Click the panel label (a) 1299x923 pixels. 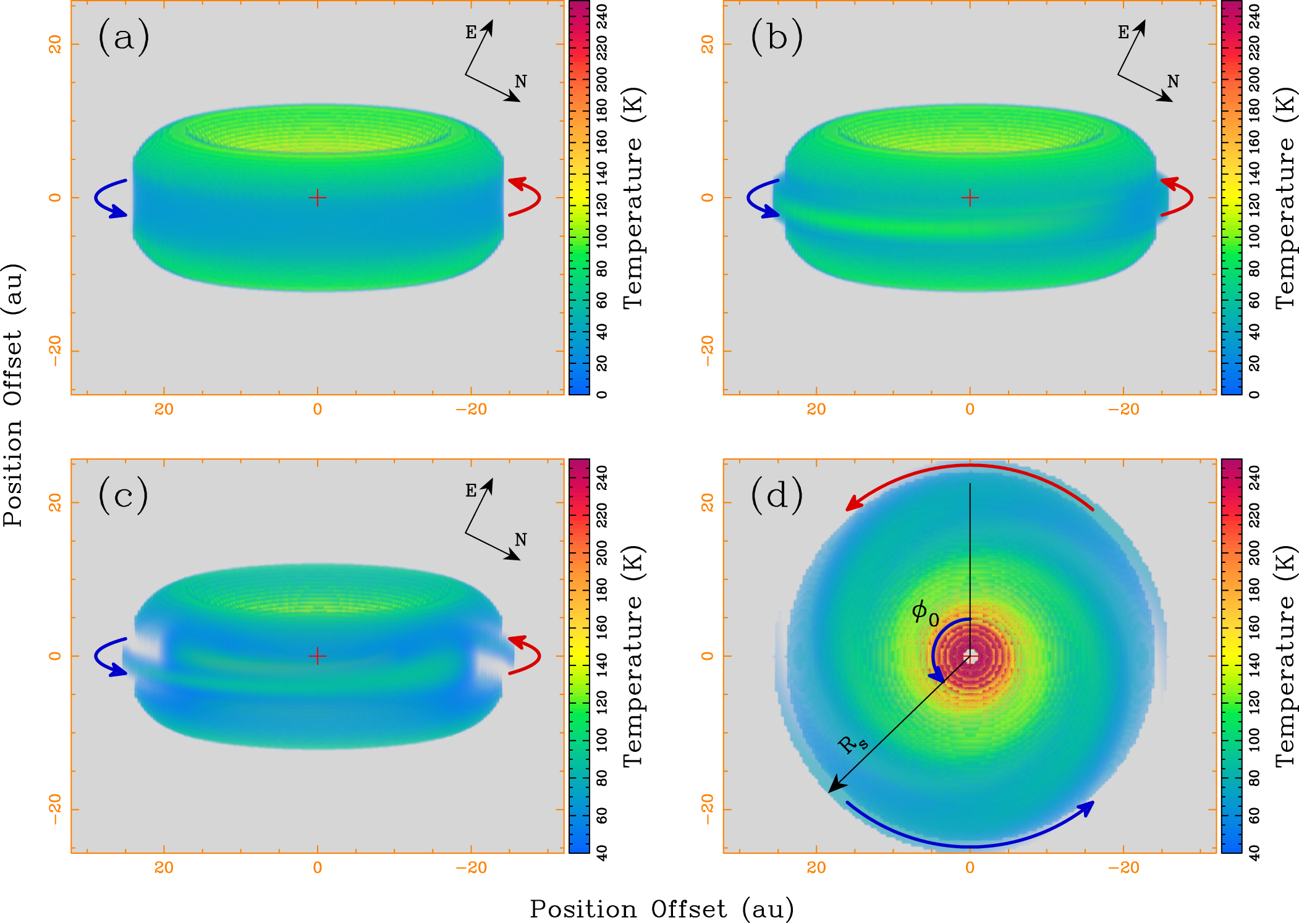tap(123, 38)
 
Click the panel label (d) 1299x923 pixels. tap(776, 495)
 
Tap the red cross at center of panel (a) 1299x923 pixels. tap(317, 198)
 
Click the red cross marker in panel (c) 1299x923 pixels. tap(317, 655)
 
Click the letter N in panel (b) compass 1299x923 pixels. tap(1172, 82)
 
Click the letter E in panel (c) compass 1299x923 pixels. tap(471, 491)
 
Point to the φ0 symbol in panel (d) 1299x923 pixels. tap(925, 612)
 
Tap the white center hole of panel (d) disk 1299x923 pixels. tap(970, 655)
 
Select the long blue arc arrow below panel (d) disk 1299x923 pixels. tap(970, 845)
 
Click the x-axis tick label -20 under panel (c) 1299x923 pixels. tap(471, 867)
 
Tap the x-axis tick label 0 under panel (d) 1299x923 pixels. tap(970, 867)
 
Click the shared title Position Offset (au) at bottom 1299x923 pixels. tap(661, 909)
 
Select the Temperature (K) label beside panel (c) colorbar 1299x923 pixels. tap(633, 655)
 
